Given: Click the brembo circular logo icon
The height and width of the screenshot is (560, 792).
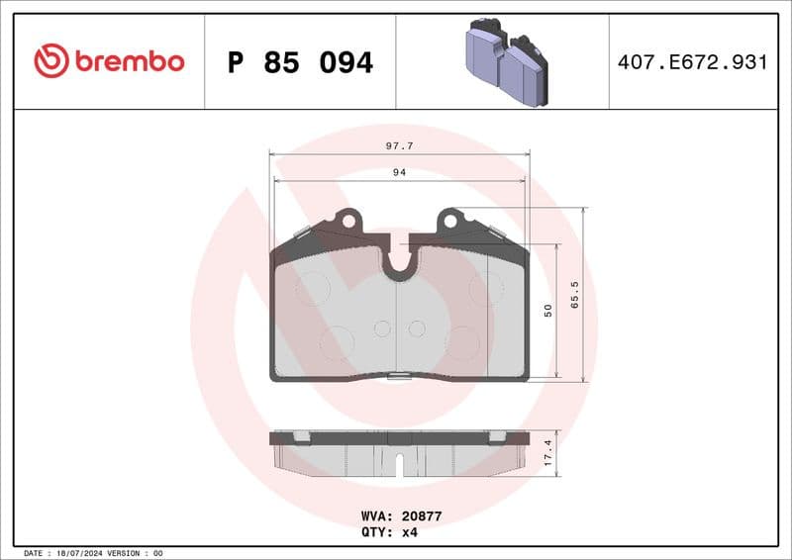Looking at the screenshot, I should (x=51, y=61).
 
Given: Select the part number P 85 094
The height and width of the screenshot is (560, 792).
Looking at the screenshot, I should (x=300, y=62).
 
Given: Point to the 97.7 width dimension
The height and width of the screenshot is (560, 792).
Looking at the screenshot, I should (x=399, y=145).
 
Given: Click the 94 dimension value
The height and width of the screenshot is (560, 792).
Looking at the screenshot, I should (x=399, y=172).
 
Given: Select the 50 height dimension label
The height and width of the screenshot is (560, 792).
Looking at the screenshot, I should (x=547, y=311).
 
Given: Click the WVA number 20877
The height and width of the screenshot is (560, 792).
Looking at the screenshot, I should (x=421, y=516).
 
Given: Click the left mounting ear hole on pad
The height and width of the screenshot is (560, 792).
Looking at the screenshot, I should (x=346, y=220).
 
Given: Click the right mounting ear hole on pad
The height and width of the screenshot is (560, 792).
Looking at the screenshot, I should (x=451, y=220).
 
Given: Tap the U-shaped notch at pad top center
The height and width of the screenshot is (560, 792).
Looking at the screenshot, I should (x=399, y=262).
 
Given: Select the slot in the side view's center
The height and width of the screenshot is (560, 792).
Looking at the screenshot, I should (x=399, y=463).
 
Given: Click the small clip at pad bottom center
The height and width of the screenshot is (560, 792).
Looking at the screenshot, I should (x=399, y=375).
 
